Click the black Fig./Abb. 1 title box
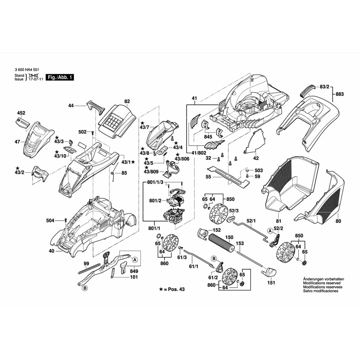pos(60,77)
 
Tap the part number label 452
pos(21,113)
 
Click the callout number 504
pos(50,221)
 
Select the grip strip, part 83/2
pos(307,90)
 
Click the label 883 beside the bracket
pos(339,94)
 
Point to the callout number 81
pos(279,221)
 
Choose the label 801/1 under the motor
pos(154,228)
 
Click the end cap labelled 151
pos(269,272)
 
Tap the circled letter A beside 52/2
pos(270,231)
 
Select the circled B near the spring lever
pos(85,288)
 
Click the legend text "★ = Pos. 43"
pos(172,289)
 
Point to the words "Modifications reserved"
pos(322,283)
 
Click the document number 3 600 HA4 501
pos(25,70)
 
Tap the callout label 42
pos(256,158)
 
